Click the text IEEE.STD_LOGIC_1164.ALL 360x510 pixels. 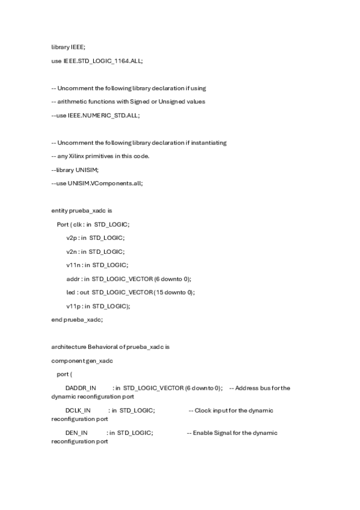(x=103, y=61)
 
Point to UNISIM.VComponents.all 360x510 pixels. (x=105, y=183)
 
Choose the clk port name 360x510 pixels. (x=77, y=224)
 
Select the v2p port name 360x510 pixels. (x=72, y=238)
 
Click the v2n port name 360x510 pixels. (x=72, y=251)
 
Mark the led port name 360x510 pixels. (x=72, y=292)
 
